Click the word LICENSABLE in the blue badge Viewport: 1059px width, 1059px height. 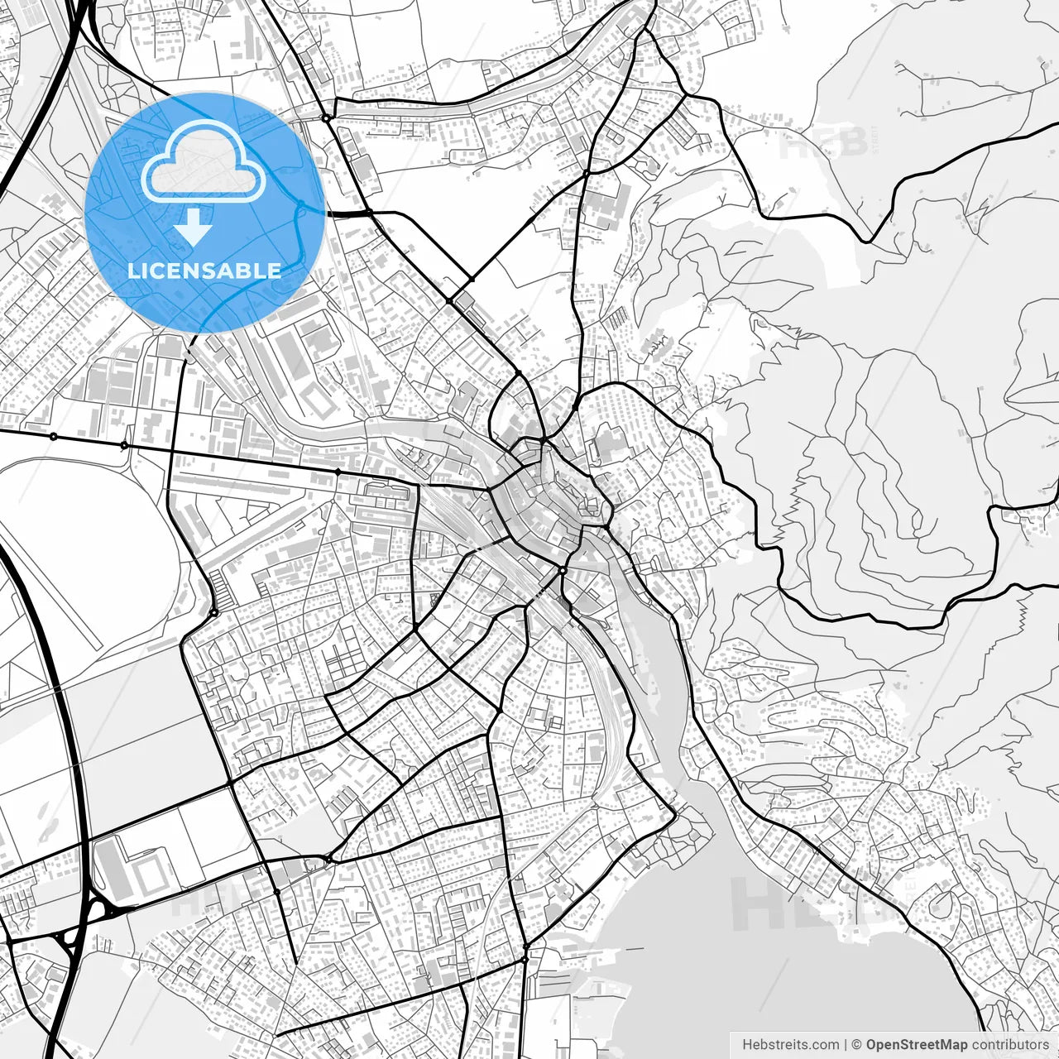204,271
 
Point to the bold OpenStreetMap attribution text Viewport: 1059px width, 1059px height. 917,1045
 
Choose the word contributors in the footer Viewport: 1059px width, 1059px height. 1010,1045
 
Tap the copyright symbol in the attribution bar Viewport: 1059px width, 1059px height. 857,1045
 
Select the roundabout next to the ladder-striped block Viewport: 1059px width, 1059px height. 213,612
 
